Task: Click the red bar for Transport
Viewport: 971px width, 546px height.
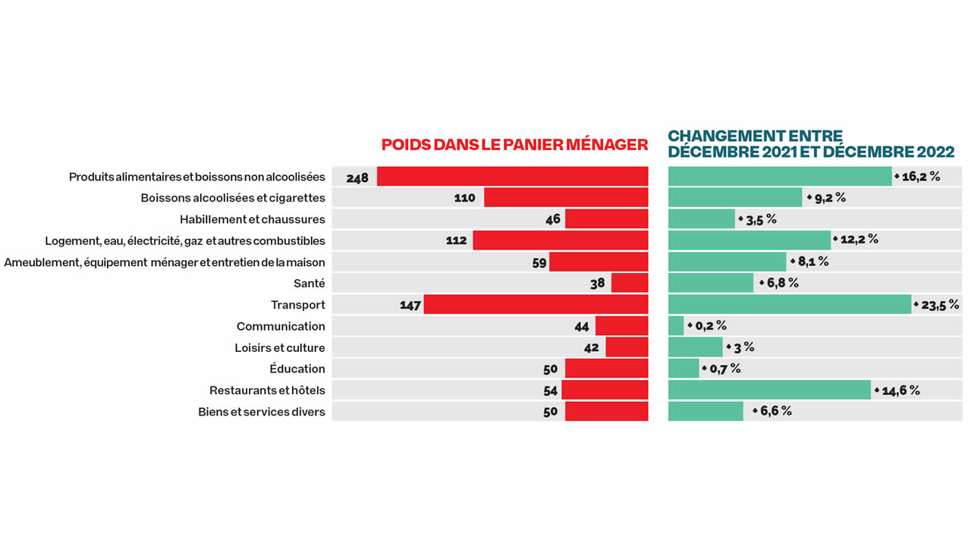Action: pyautogui.click(x=536, y=305)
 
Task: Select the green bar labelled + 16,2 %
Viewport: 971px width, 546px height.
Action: pyautogui.click(x=780, y=177)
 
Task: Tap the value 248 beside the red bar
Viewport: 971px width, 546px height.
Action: pyautogui.click(x=357, y=178)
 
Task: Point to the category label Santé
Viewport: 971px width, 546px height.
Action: pyautogui.click(x=309, y=284)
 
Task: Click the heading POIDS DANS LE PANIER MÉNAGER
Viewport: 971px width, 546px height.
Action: pyautogui.click(x=514, y=145)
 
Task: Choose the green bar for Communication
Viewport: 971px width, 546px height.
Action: pyautogui.click(x=676, y=326)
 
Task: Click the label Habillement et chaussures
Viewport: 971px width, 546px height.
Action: pyautogui.click(x=252, y=220)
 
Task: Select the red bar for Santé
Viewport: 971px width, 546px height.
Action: pyautogui.click(x=630, y=284)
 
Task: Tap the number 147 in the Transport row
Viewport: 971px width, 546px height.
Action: pyautogui.click(x=410, y=306)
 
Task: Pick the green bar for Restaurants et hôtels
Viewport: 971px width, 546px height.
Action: pyautogui.click(x=769, y=391)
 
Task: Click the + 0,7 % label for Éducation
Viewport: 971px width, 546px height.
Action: pyautogui.click(x=721, y=369)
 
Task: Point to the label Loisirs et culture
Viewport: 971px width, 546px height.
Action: pyautogui.click(x=279, y=348)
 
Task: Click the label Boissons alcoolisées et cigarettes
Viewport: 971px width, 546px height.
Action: pyautogui.click(x=233, y=199)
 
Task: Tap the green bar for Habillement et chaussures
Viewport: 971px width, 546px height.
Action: pyautogui.click(x=702, y=219)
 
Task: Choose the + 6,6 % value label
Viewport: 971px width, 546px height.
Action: pyautogui.click(x=772, y=411)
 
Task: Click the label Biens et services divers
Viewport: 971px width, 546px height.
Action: pyautogui.click(x=262, y=412)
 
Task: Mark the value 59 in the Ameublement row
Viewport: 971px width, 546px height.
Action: pyautogui.click(x=539, y=263)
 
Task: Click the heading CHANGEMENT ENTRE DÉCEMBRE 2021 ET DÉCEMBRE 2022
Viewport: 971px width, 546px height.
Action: pyautogui.click(x=810, y=144)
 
